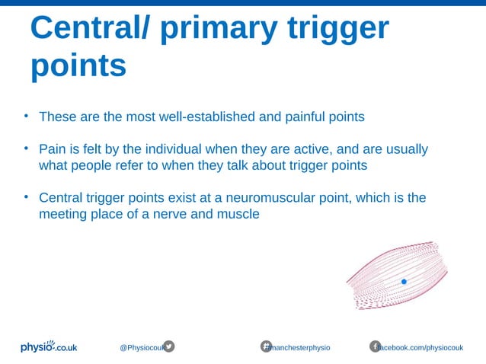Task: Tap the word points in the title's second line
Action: [x=78, y=66]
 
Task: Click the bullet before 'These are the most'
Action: [x=24, y=117]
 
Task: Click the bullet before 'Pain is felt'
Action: [x=24, y=148]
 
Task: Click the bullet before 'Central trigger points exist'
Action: [x=24, y=197]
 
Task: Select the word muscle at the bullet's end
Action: [x=239, y=214]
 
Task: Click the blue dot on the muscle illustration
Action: [x=404, y=282]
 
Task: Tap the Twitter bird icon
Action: [x=169, y=346]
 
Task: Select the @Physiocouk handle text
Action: [x=141, y=347]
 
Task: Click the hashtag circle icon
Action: [x=267, y=346]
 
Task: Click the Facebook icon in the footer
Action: [x=375, y=346]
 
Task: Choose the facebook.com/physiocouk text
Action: [x=422, y=347]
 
